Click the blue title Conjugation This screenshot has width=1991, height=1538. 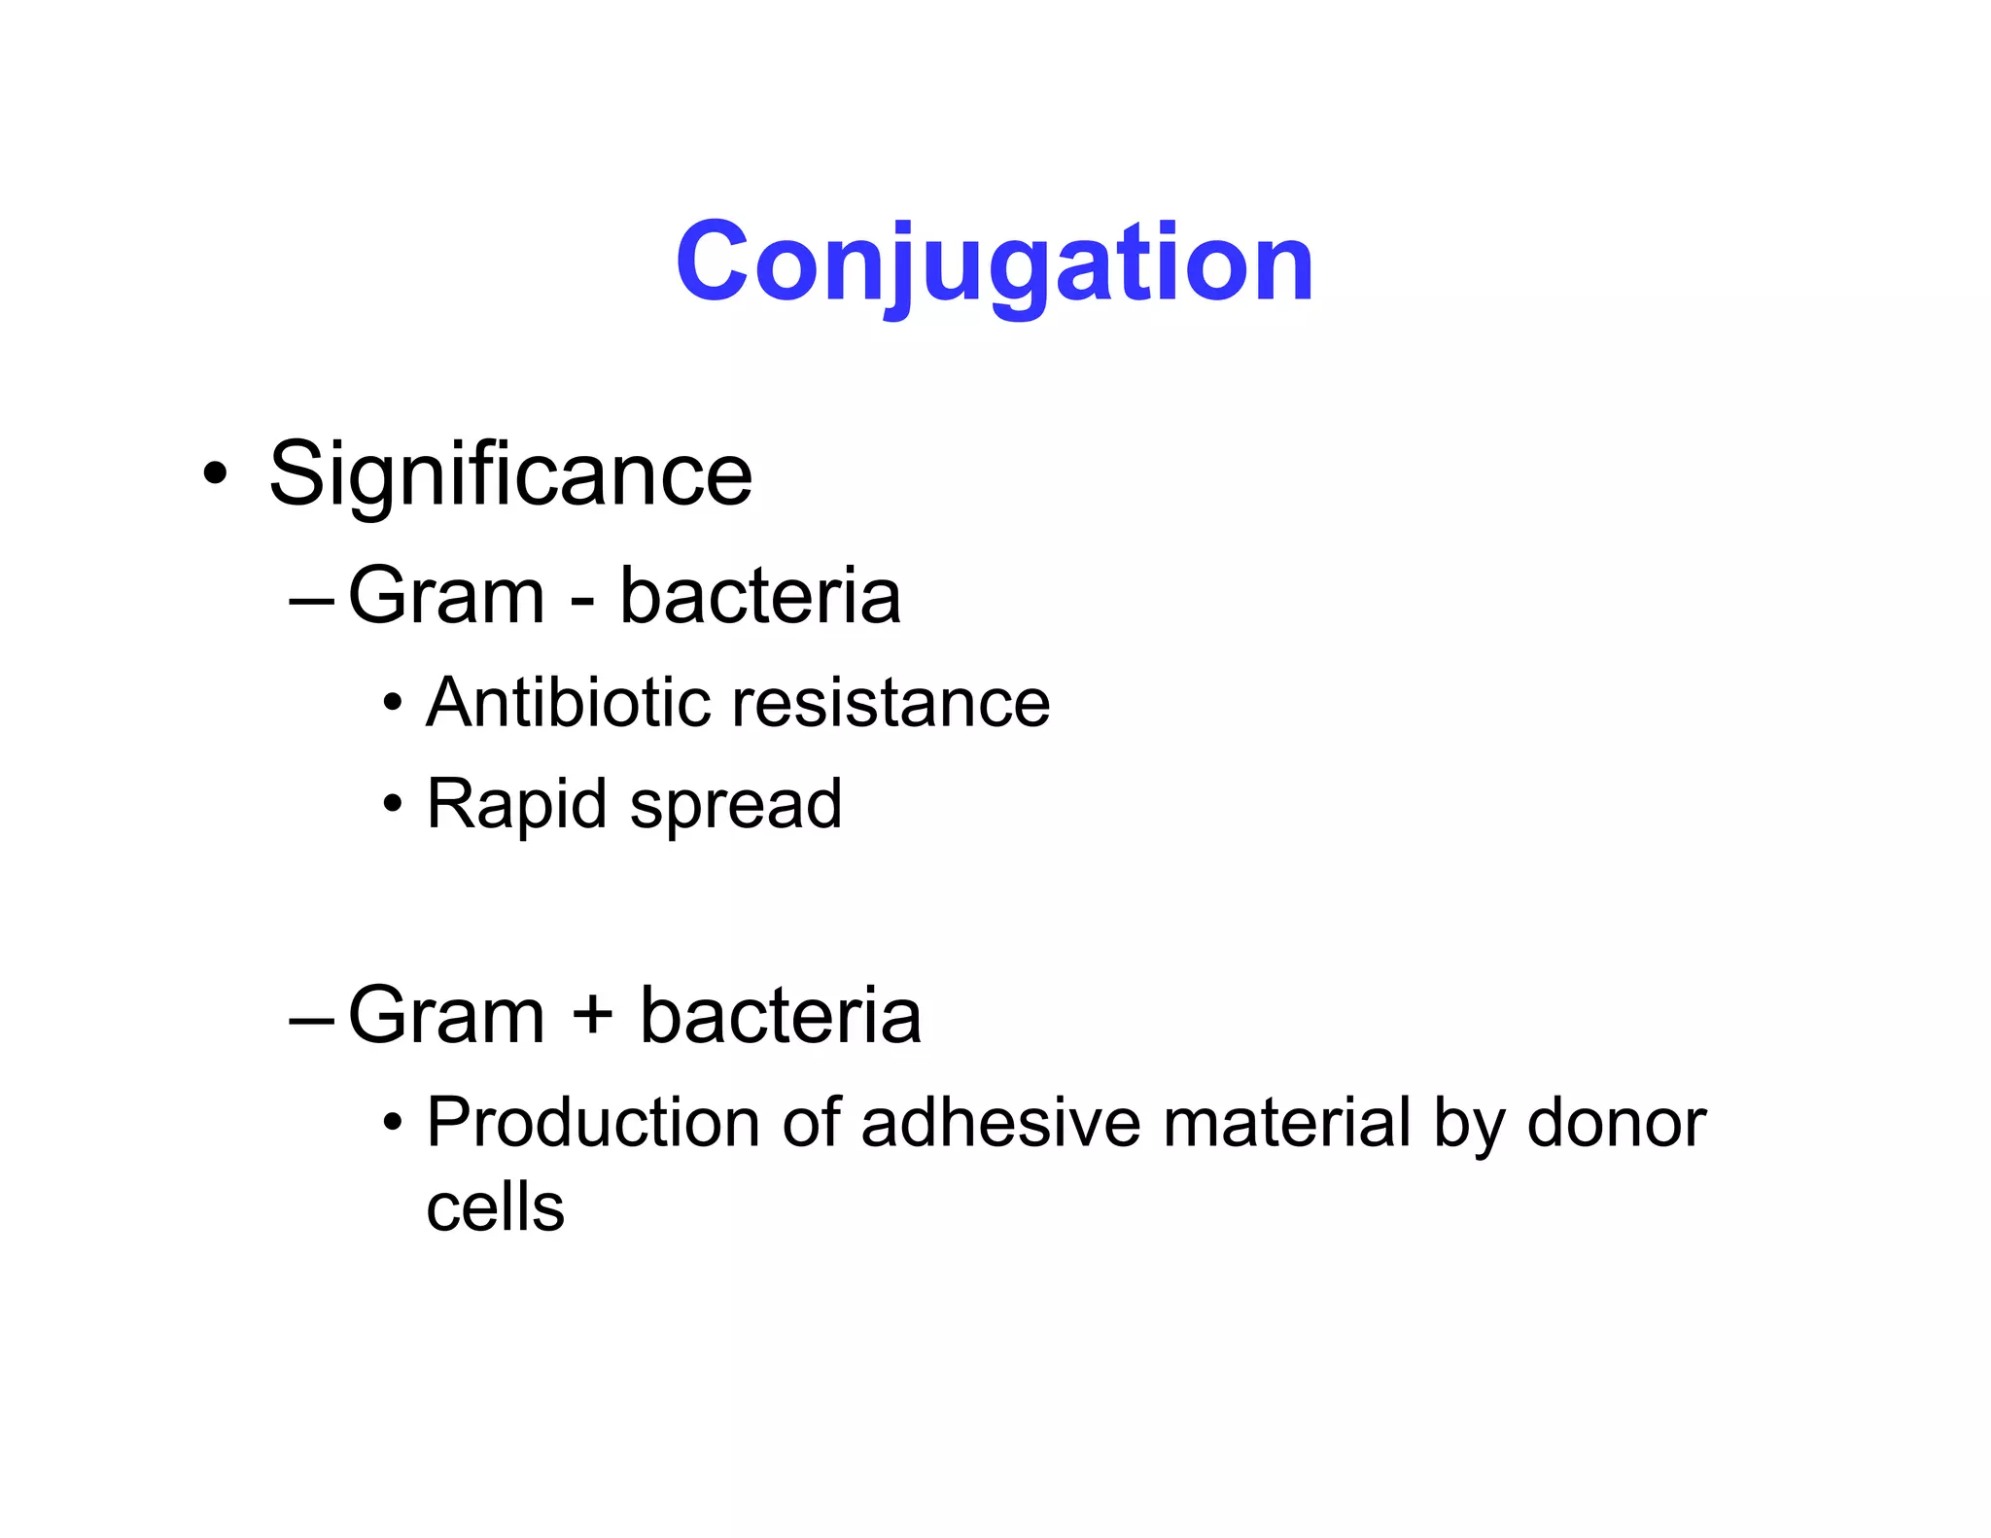[994, 262]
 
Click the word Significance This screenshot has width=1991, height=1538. [510, 474]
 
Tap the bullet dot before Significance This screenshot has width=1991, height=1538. [215, 474]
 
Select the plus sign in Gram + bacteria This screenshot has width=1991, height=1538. [592, 1016]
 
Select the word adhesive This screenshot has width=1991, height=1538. [999, 1123]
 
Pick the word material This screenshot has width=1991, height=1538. [1285, 1123]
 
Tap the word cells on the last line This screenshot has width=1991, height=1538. [495, 1207]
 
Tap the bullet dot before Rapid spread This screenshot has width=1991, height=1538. [392, 805]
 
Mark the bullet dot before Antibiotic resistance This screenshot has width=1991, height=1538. [392, 703]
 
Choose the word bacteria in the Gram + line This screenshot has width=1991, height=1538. [780, 1016]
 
